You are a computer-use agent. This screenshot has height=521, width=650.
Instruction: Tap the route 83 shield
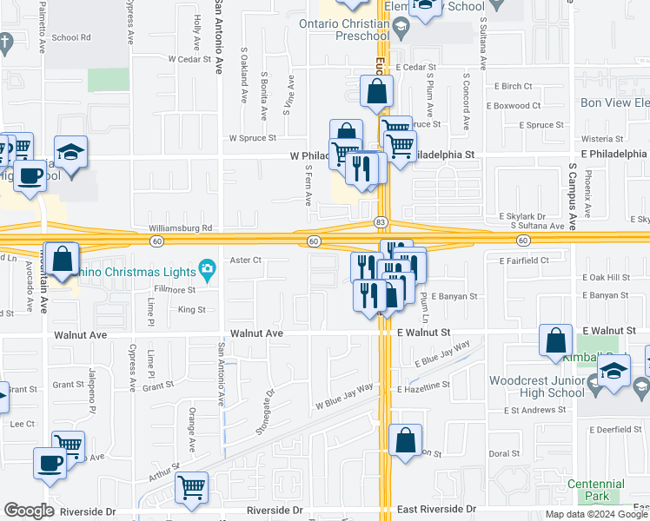(x=381, y=222)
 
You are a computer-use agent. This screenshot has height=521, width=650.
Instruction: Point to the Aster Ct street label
(x=246, y=260)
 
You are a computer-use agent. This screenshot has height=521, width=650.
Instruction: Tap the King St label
(x=191, y=309)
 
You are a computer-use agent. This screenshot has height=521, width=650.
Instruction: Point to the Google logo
(x=29, y=511)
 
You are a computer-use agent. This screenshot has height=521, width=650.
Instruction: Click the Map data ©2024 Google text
(x=596, y=514)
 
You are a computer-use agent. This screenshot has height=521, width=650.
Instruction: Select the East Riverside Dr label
(x=437, y=509)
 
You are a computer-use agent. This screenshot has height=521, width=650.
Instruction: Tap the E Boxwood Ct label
(x=514, y=106)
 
